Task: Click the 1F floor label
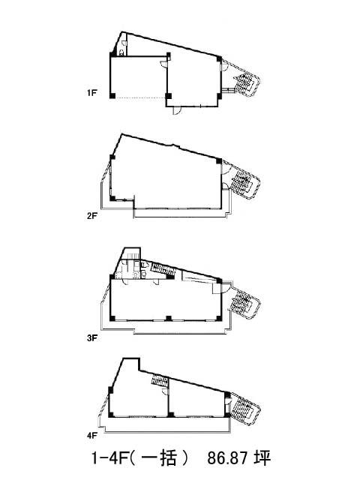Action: click(x=91, y=92)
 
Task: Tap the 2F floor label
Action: click(x=91, y=216)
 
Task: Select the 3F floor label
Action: click(x=91, y=338)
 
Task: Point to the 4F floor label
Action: click(x=91, y=435)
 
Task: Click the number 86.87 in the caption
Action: click(x=227, y=458)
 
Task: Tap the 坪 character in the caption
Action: click(x=262, y=458)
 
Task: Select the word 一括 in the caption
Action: click(x=160, y=458)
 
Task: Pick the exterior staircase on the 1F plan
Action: click(x=245, y=82)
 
